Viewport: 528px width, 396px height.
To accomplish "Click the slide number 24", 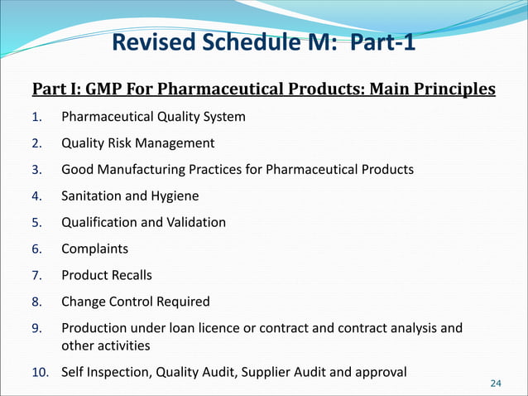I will point(496,383).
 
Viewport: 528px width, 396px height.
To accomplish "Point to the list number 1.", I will point(36,117).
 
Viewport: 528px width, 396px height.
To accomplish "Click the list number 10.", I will point(40,372).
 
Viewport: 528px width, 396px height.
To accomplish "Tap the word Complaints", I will point(94,249).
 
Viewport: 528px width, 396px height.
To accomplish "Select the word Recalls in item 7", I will point(131,275).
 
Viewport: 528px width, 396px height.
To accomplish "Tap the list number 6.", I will point(36,249).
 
